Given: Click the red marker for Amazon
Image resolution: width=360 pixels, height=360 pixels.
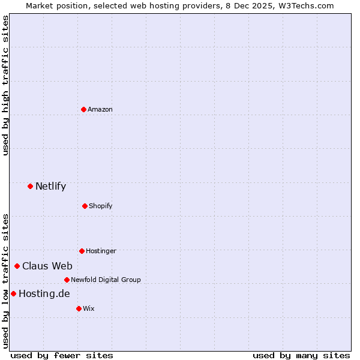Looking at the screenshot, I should coord(83,109).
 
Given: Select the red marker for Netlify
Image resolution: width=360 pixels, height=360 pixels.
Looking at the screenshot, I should coord(30,186).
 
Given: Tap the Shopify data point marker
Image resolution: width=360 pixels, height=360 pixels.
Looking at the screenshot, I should coord(85,206).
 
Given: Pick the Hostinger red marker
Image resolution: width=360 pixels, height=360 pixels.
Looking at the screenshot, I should coord(82,251).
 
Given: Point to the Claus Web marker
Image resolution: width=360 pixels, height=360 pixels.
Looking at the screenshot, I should coord(17,266).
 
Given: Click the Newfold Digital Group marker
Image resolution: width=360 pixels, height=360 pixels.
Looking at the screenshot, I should coord(67,280).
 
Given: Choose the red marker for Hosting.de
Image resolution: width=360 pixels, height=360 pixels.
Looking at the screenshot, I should coord(13,293).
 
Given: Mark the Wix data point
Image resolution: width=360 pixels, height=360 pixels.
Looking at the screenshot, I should coord(79,308).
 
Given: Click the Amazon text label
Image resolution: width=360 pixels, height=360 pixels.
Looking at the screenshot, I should coord(100,109).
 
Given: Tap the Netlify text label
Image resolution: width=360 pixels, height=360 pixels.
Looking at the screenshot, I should coord(50,186).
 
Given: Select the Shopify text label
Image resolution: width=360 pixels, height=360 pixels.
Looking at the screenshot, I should coord(101,206).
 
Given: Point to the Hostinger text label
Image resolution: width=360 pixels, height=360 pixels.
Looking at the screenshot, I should coord(101,251).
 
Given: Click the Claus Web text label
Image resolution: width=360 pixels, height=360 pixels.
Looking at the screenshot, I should coord(47,266).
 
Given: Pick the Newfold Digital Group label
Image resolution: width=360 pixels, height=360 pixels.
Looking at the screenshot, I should coord(106,280).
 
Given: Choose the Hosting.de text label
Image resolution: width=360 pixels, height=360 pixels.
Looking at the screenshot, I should coord(44,293).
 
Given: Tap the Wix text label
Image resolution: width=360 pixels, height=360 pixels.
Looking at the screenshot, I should coord(89,308).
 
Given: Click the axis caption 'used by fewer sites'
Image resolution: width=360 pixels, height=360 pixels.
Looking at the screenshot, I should coord(62,355).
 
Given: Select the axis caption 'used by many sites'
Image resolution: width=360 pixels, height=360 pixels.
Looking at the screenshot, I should coord(301,355).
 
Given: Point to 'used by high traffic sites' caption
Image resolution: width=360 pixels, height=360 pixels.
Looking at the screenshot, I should coord(6,85).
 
